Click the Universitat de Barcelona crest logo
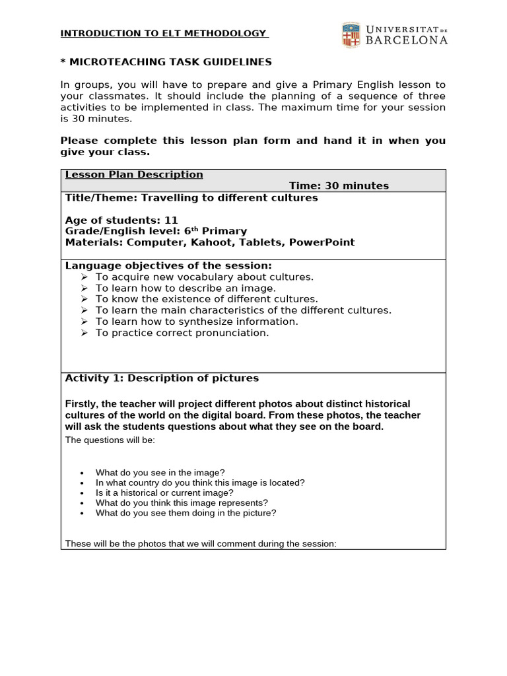click(351, 34)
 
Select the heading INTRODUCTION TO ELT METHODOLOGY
click(164, 33)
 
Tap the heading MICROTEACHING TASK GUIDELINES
click(166, 62)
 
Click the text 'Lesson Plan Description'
click(134, 174)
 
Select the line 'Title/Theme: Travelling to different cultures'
click(191, 197)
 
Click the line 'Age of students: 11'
click(121, 220)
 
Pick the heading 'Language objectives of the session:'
click(168, 265)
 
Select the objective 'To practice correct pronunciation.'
click(182, 333)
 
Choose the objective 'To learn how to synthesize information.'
click(197, 321)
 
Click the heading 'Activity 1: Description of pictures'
click(162, 378)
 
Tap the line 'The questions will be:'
click(110, 440)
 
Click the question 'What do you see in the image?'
click(160, 473)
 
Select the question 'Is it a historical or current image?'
click(164, 492)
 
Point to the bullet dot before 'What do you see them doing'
click(82, 513)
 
